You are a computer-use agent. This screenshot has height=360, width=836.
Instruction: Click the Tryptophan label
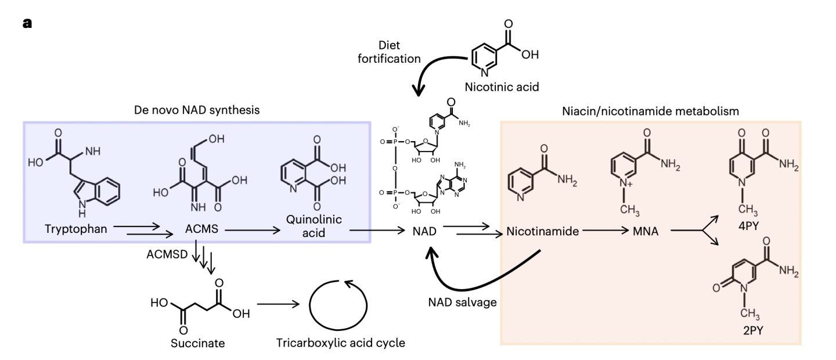point(76,229)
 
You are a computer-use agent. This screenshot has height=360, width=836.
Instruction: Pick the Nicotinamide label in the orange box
point(543,232)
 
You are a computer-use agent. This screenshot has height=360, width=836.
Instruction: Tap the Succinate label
point(197,343)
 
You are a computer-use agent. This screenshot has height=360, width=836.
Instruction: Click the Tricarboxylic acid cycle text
point(341,343)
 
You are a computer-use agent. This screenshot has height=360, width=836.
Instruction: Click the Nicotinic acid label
point(502,88)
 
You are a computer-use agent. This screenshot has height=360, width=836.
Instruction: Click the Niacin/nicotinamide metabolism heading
point(650,110)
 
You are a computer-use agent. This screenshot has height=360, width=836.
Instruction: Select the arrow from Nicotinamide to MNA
point(606,231)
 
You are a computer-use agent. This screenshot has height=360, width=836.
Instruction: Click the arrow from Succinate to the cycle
point(278,304)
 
